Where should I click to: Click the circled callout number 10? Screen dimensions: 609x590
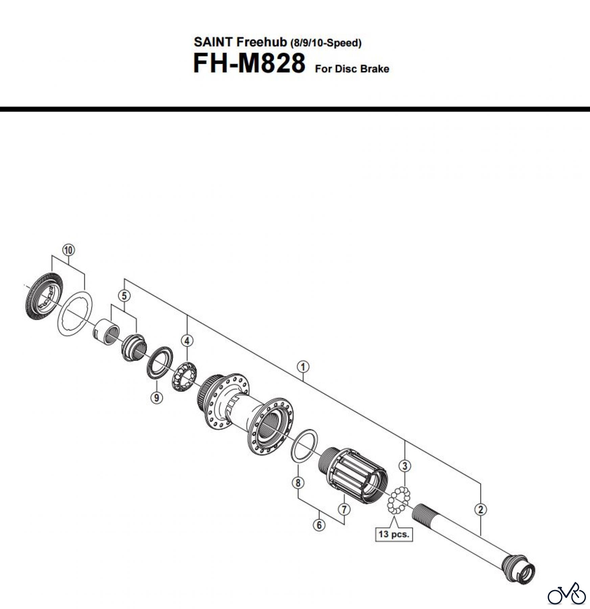pos(68,250)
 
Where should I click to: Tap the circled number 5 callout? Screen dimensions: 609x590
pos(124,296)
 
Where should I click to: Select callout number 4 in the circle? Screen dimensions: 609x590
pos(187,340)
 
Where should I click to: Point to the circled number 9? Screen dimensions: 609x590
pos(157,397)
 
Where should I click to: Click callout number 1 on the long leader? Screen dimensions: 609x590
pos(303,367)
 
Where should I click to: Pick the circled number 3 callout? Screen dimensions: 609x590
pos(405,466)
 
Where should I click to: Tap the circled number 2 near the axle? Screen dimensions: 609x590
pos(480,510)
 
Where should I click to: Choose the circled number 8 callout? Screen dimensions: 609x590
pos(298,483)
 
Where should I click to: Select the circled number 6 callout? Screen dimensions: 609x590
pos(319,525)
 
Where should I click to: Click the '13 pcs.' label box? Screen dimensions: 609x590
pos(394,535)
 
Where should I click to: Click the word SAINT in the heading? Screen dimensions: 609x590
pos(213,42)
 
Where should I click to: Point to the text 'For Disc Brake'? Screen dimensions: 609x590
pos(352,69)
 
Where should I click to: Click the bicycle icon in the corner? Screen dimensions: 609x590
pos(567,594)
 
